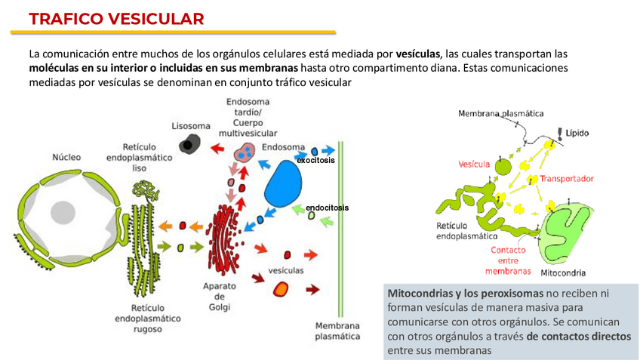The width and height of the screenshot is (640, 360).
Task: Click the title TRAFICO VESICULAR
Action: coord(116,19)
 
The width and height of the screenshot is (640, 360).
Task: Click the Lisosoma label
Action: coord(190,125)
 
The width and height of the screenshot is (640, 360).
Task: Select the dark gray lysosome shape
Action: coord(189,143)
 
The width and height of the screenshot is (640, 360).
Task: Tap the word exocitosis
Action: coord(315,161)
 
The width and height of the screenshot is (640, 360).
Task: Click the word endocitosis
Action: coord(327,208)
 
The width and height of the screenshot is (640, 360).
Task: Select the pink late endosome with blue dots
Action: coord(246,153)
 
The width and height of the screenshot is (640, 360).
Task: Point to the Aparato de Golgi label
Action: coord(220,297)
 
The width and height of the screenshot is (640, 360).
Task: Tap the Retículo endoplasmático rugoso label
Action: coord(148,318)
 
